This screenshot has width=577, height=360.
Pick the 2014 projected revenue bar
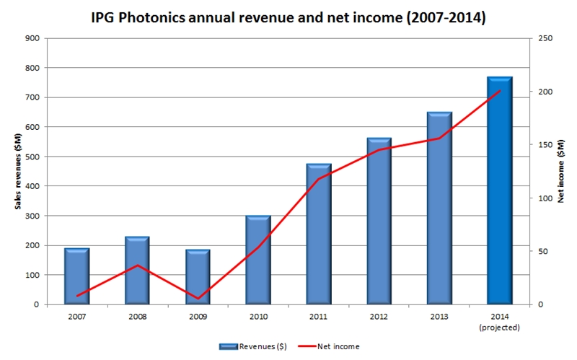tap(499, 190)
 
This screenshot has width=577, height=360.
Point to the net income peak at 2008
tap(137, 265)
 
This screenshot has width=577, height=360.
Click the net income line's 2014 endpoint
tap(499, 91)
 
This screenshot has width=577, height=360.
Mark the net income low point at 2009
tap(198, 298)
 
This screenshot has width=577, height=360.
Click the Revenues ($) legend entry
tap(257, 346)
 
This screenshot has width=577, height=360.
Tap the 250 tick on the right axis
tap(545, 38)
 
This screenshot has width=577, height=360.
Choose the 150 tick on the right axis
tap(545, 145)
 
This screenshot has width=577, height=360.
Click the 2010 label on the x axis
tap(257, 316)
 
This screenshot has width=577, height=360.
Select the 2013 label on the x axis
tap(439, 316)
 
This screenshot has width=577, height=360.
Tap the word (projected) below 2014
tap(499, 327)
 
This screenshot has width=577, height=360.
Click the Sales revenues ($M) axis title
tap(17, 171)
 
